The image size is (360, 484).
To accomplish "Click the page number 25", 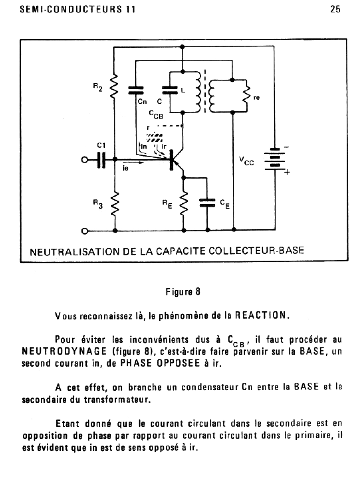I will pyautogui.click(x=335, y=9).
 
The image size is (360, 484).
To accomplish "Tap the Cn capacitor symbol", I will pyautogui.click(x=136, y=90).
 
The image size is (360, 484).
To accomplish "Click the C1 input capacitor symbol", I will pyautogui.click(x=102, y=160).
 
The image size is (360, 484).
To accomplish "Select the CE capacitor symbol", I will pyautogui.click(x=207, y=203).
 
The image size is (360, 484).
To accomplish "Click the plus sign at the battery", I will pyautogui.click(x=287, y=172).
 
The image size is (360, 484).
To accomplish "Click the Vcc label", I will pyautogui.click(x=246, y=161).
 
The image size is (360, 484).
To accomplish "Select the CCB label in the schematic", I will pyautogui.click(x=156, y=114).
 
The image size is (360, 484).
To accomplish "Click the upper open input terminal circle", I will pyautogui.click(x=85, y=160).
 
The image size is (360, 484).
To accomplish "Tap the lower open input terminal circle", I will pyautogui.click(x=85, y=231).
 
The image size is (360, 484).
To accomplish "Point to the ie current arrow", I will pyautogui.click(x=133, y=163).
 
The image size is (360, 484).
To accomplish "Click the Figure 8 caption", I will pyautogui.click(x=183, y=292).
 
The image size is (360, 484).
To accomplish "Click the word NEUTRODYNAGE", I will pyautogui.click(x=64, y=351).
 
